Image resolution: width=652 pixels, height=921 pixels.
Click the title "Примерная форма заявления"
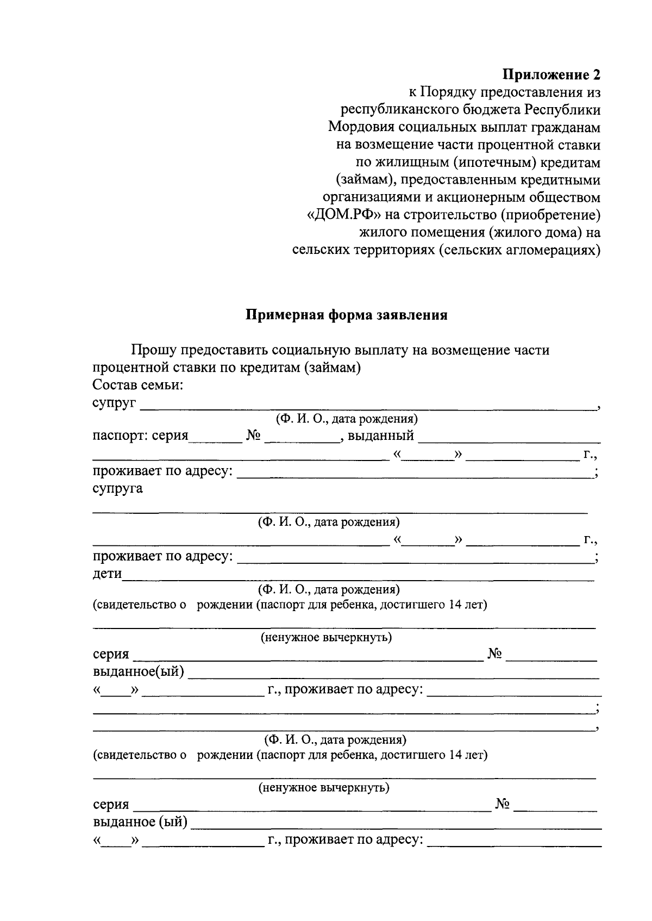[347, 315]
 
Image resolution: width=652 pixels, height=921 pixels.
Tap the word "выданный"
[381, 435]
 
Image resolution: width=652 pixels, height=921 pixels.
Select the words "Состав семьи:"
[137, 385]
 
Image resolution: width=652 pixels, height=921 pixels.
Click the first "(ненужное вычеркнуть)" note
[326, 637]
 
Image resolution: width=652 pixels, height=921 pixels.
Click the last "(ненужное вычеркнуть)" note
[324, 787]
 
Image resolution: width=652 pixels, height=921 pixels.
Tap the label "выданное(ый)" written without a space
[139, 672]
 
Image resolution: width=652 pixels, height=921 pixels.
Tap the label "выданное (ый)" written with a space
[140, 822]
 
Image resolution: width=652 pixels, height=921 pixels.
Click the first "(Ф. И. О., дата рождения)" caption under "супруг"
[346, 419]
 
